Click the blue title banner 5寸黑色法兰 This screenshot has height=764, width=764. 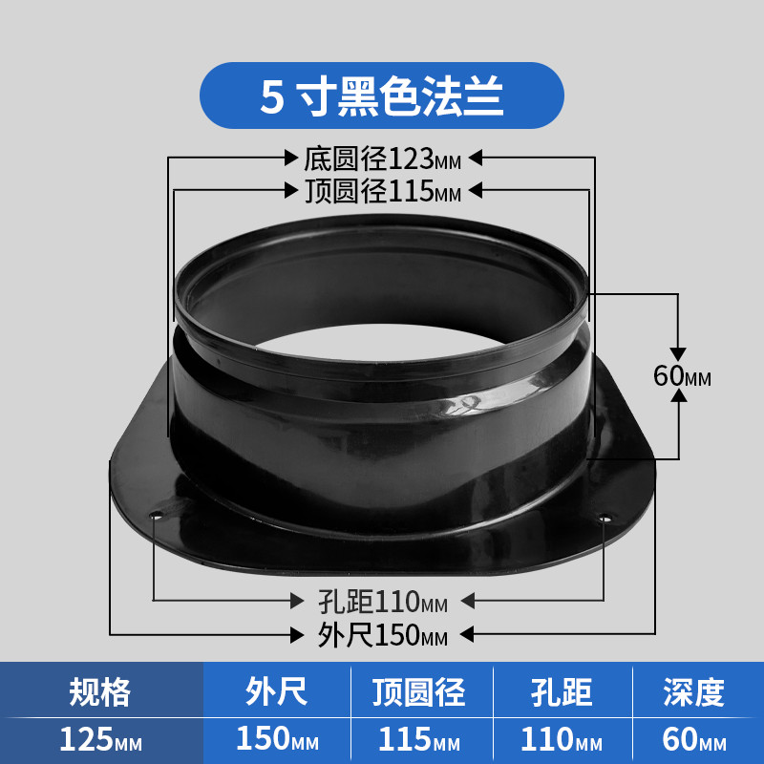coord(381,95)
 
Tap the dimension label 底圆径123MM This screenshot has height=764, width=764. coord(383,159)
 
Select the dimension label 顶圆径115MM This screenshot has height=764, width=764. coord(383,190)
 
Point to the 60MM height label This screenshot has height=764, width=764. coord(682,375)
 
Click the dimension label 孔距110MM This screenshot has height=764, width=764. coord(383,602)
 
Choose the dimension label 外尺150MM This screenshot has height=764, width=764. coord(383,635)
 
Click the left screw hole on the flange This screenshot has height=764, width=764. coord(157,515)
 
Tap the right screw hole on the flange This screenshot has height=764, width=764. coord(605,518)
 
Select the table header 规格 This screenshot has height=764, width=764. coord(100,691)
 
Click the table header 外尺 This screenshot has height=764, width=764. coord(276,691)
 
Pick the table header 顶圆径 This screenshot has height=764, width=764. coord(419,691)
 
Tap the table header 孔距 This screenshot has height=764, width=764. coord(562,691)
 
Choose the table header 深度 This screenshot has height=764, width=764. coord(694,691)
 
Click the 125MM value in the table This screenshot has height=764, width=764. coord(101,739)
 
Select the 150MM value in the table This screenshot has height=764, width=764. coord(277,738)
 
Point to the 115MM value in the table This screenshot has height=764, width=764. coord(419,739)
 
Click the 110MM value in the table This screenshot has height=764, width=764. coord(562,739)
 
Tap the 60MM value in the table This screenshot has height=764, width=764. coord(694,739)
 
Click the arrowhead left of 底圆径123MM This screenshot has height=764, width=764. coord(291,158)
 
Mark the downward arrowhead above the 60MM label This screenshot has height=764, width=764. coord(678,354)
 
